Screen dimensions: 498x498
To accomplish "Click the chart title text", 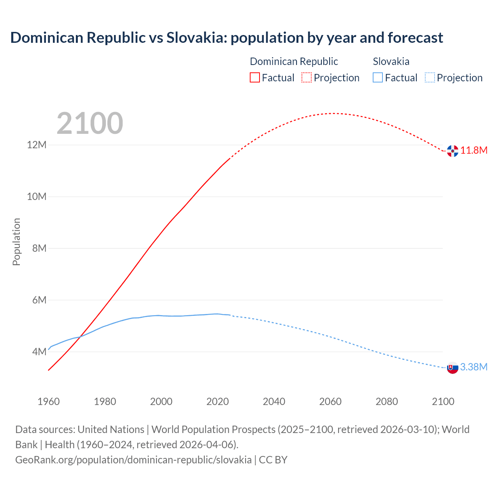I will [x=226, y=38].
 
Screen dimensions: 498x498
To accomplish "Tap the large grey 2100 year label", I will [x=90, y=123].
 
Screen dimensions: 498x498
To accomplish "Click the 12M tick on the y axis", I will [x=37, y=145].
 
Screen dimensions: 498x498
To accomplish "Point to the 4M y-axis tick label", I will [x=39, y=352].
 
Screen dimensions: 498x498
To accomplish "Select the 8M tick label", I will [x=39, y=248].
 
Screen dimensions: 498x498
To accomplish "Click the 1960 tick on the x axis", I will [x=49, y=402].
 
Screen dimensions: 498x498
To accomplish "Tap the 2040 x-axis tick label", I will [x=274, y=402].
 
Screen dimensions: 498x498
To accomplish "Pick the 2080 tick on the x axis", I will [x=387, y=402].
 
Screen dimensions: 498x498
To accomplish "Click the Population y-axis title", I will [x=16, y=242].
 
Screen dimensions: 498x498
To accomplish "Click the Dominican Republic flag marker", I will [x=452, y=151].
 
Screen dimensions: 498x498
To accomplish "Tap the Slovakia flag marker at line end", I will [x=452, y=368].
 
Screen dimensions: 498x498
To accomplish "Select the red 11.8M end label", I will [x=474, y=151].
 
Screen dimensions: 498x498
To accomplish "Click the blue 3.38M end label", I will [x=474, y=367].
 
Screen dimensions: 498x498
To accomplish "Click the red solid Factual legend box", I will [x=255, y=77].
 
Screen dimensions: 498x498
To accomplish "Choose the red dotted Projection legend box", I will [x=307, y=77].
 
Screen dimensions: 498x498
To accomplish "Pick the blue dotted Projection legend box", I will [x=430, y=77].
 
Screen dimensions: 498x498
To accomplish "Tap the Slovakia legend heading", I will [x=391, y=61].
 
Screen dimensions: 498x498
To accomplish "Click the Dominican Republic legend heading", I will [x=294, y=61].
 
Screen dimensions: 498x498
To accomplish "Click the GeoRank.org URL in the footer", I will [x=133, y=460].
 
